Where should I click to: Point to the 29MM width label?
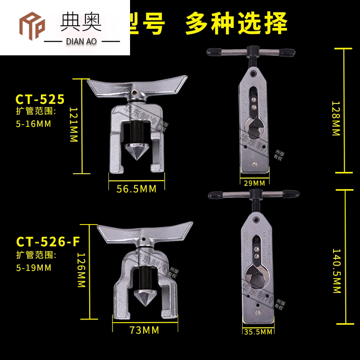pos(253,183)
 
